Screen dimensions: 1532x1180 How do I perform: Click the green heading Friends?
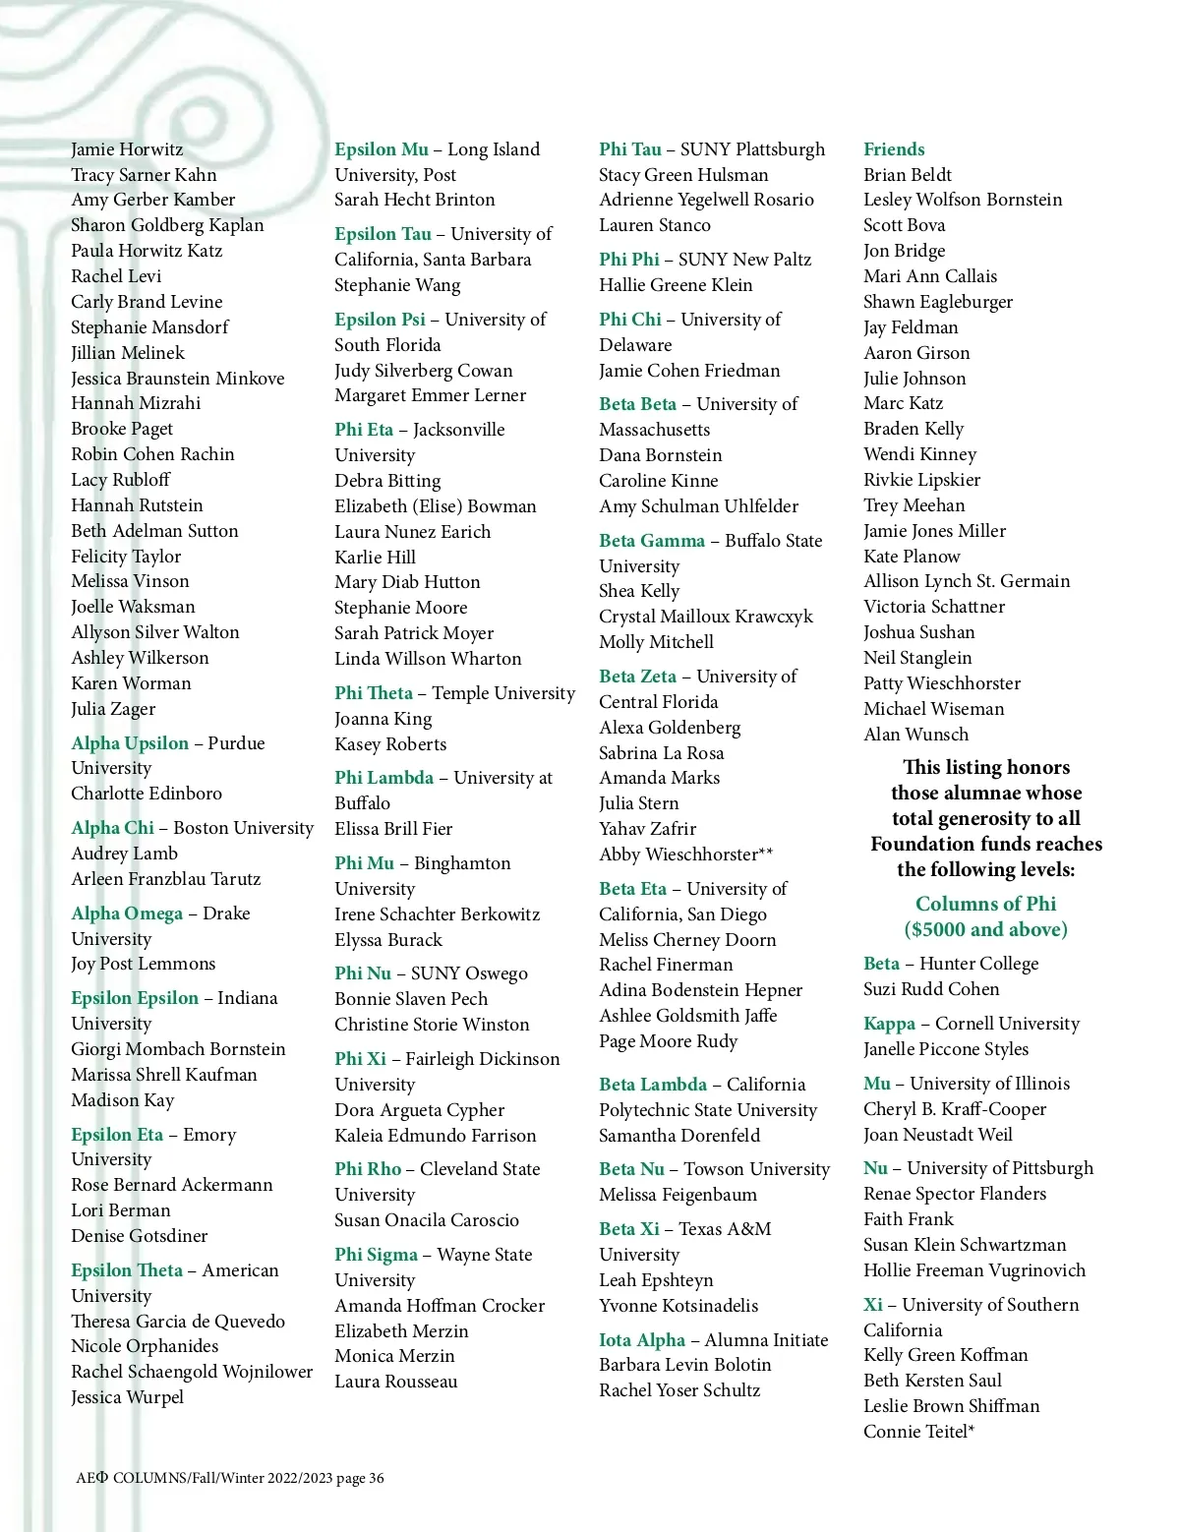[x=893, y=149]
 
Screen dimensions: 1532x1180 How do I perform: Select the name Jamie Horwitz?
[x=127, y=149]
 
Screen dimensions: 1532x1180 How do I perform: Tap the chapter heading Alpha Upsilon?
[x=130, y=743]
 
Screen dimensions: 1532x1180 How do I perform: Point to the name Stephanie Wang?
[x=397, y=285]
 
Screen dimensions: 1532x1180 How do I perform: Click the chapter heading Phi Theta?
[x=374, y=693]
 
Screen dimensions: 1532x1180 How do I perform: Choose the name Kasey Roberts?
[x=390, y=744]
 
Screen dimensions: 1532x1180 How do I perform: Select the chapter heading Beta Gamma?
[x=652, y=541]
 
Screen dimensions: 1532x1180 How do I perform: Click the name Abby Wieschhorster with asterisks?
[x=685, y=854]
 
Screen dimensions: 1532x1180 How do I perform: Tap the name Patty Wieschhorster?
[x=941, y=683]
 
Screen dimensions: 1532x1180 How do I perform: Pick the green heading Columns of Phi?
[x=985, y=904]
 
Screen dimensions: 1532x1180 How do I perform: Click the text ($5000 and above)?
[x=985, y=929]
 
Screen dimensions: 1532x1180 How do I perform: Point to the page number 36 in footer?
[x=377, y=1478]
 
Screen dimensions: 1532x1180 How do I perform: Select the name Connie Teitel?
[x=918, y=1432]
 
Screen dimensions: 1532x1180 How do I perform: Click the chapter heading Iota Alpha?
[x=642, y=1340]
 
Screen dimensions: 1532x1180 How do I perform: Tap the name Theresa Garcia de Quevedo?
[x=178, y=1322]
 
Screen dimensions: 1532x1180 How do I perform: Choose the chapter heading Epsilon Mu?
[x=382, y=149]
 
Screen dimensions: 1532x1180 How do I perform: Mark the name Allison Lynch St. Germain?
[x=966, y=581]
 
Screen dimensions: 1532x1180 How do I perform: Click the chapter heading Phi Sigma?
[x=376, y=1255]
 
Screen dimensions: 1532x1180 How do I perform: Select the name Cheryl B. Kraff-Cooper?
[x=954, y=1109]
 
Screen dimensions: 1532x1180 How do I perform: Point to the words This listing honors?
[x=985, y=767]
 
